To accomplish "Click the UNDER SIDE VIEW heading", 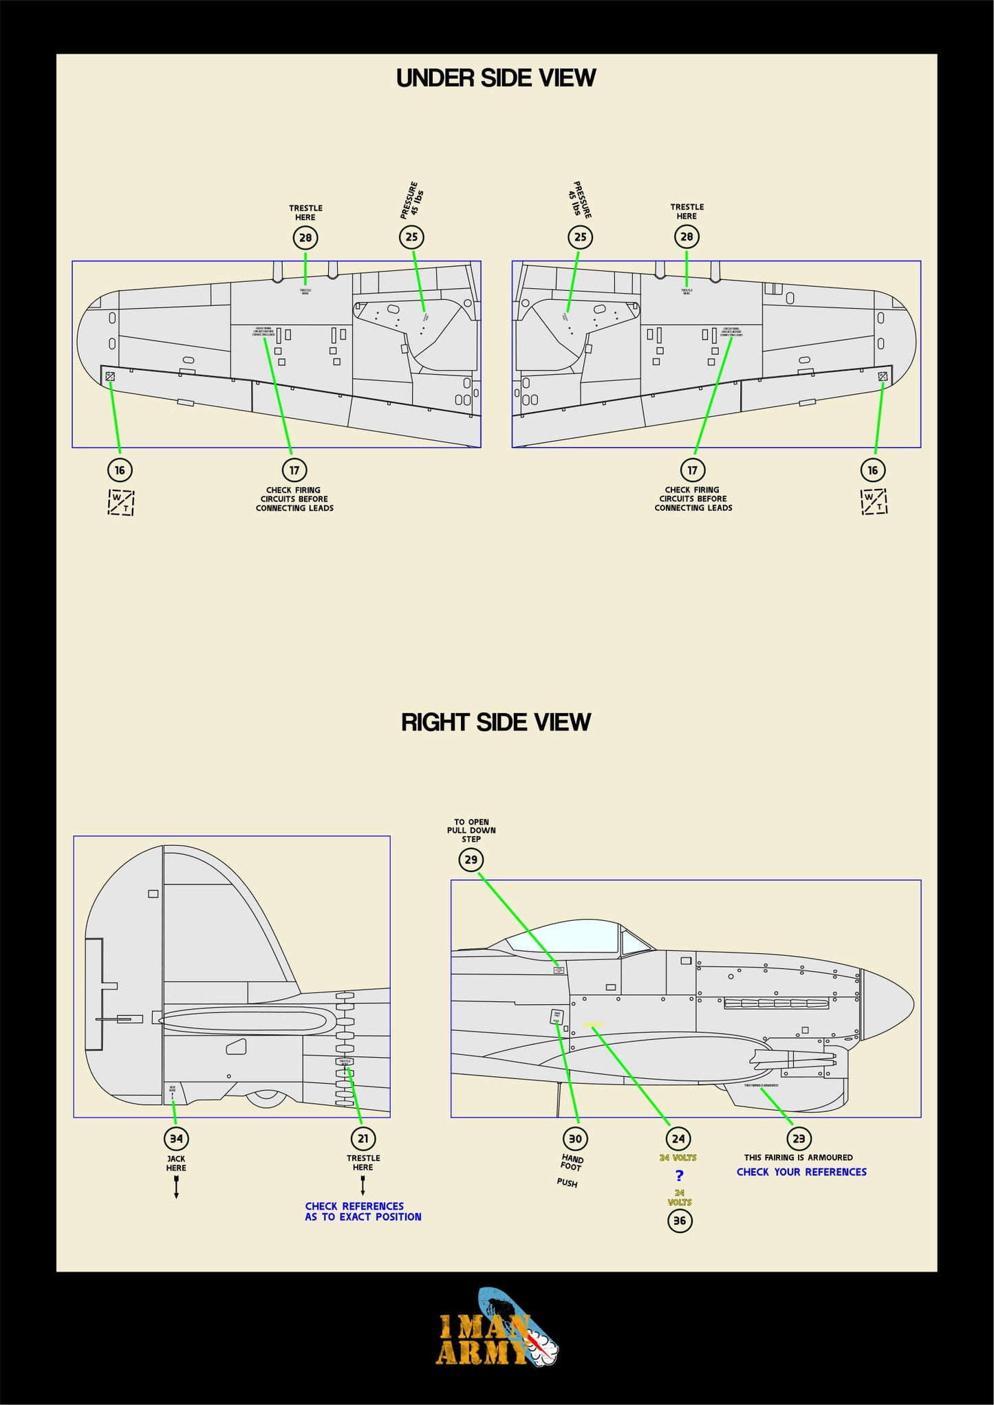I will coord(495,78).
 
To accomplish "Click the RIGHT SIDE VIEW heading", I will coord(495,722).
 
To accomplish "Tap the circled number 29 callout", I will coord(471,860).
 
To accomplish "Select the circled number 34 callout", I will coord(176,1138).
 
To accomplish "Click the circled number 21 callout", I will coord(363,1138).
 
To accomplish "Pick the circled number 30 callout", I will coord(575,1138).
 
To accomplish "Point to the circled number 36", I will coord(679,1221).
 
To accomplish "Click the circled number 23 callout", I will coord(799,1138).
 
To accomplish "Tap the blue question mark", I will coord(679,1176).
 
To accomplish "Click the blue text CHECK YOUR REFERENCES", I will coord(801,1172).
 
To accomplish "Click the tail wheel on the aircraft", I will coord(266,1099).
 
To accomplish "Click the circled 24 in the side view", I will coord(678,1138).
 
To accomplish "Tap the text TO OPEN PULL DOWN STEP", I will coord(471,830).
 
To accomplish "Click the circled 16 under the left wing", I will coord(120,470).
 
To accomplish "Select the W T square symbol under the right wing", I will coord(874,502).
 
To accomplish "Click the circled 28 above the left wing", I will coord(305,238).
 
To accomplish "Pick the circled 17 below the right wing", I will coord(693,470).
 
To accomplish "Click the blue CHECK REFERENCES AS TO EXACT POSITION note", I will coord(363,1211).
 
